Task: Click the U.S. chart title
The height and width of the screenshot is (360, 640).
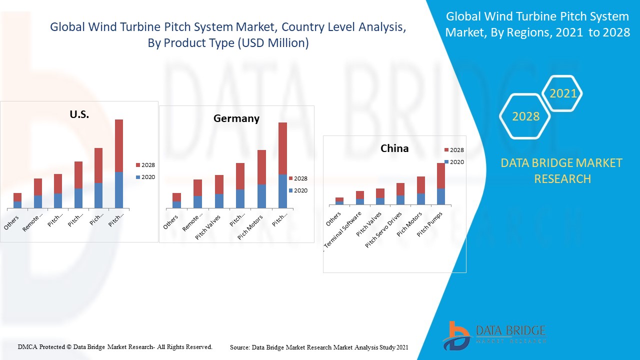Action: pos(79,114)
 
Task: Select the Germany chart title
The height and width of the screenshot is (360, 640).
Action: pos(236,118)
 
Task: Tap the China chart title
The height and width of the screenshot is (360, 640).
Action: pos(394,148)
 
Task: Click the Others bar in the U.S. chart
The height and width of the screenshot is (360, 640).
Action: pos(17,200)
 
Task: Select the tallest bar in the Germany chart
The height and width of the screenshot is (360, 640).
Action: pos(282,165)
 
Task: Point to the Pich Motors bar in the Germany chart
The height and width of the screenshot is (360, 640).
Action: pos(261,179)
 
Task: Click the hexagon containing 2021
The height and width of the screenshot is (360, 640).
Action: pos(562,93)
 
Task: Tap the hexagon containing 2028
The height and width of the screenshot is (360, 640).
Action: pos(525,116)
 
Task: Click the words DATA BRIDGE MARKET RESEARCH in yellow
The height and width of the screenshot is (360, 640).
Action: pos(562,170)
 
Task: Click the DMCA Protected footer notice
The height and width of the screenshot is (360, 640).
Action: pos(115,346)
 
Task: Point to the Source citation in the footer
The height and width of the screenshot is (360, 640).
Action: pos(319,347)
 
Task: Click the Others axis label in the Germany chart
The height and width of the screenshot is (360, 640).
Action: pos(171,222)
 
